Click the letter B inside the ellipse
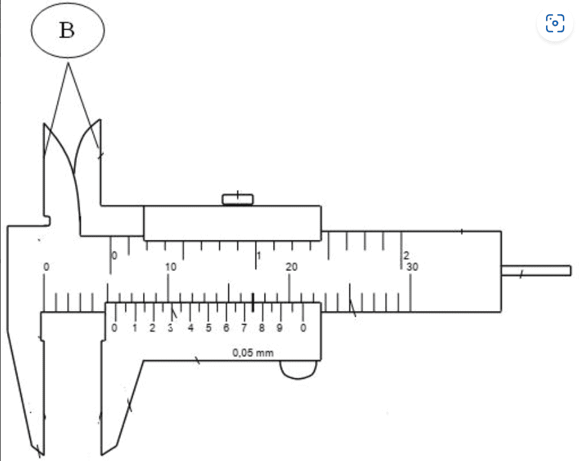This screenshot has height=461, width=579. pos(67,30)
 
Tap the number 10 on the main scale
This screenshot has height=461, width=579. pos(171,267)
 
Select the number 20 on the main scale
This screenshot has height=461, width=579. pos(291,267)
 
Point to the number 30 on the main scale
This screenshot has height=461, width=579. pos(412,267)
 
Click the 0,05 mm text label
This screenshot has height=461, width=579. pos(253,353)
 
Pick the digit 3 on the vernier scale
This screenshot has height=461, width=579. pos(170,328)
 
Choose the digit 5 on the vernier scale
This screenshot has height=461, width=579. pos(208,328)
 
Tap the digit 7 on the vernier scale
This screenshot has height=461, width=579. pos(244,328)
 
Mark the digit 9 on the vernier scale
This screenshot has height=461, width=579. pos(279,328)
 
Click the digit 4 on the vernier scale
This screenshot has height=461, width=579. pos(190,328)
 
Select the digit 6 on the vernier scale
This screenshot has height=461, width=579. pos(226,328)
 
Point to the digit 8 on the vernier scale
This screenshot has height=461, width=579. pos(261,328)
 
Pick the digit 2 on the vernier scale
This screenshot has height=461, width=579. pos(152,328)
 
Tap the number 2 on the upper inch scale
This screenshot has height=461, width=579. pos(406,255)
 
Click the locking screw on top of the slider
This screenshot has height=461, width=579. pos(238,198)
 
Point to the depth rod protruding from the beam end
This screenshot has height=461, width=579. pos(536,270)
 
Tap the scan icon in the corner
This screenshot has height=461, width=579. pos(555,24)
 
